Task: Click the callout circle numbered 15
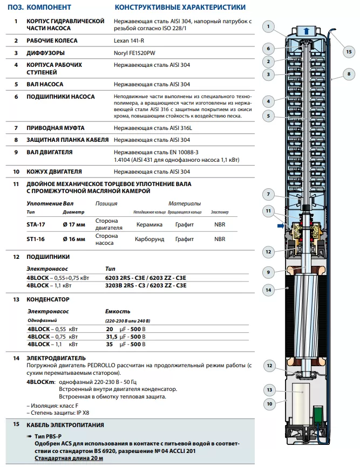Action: pyautogui.click(x=348, y=52)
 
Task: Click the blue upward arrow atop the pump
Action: pyautogui.click(x=306, y=31)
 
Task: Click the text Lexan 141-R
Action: pyautogui.click(x=130, y=41)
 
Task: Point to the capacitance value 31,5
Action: pyautogui.click(x=111, y=336)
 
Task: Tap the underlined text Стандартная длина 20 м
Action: pyautogui.click(x=69, y=458)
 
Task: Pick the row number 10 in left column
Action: pyautogui.click(x=16, y=172)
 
